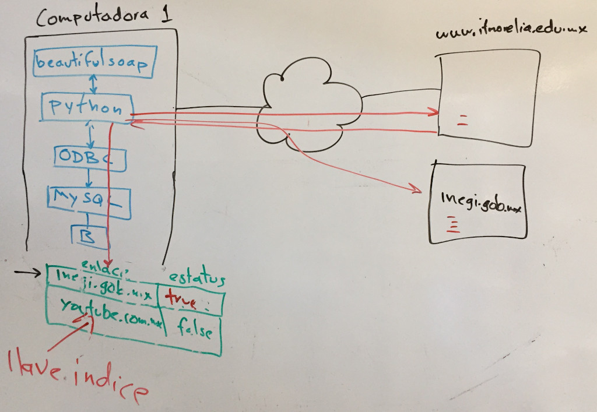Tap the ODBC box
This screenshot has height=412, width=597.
coord(90,158)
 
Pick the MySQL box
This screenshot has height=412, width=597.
coord(88,201)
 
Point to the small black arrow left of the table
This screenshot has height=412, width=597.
coord(29,272)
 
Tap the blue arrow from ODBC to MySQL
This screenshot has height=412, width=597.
coord(89,178)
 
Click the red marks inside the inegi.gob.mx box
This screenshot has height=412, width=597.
coord(452,225)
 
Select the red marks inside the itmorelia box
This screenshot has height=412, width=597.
coord(463,121)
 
